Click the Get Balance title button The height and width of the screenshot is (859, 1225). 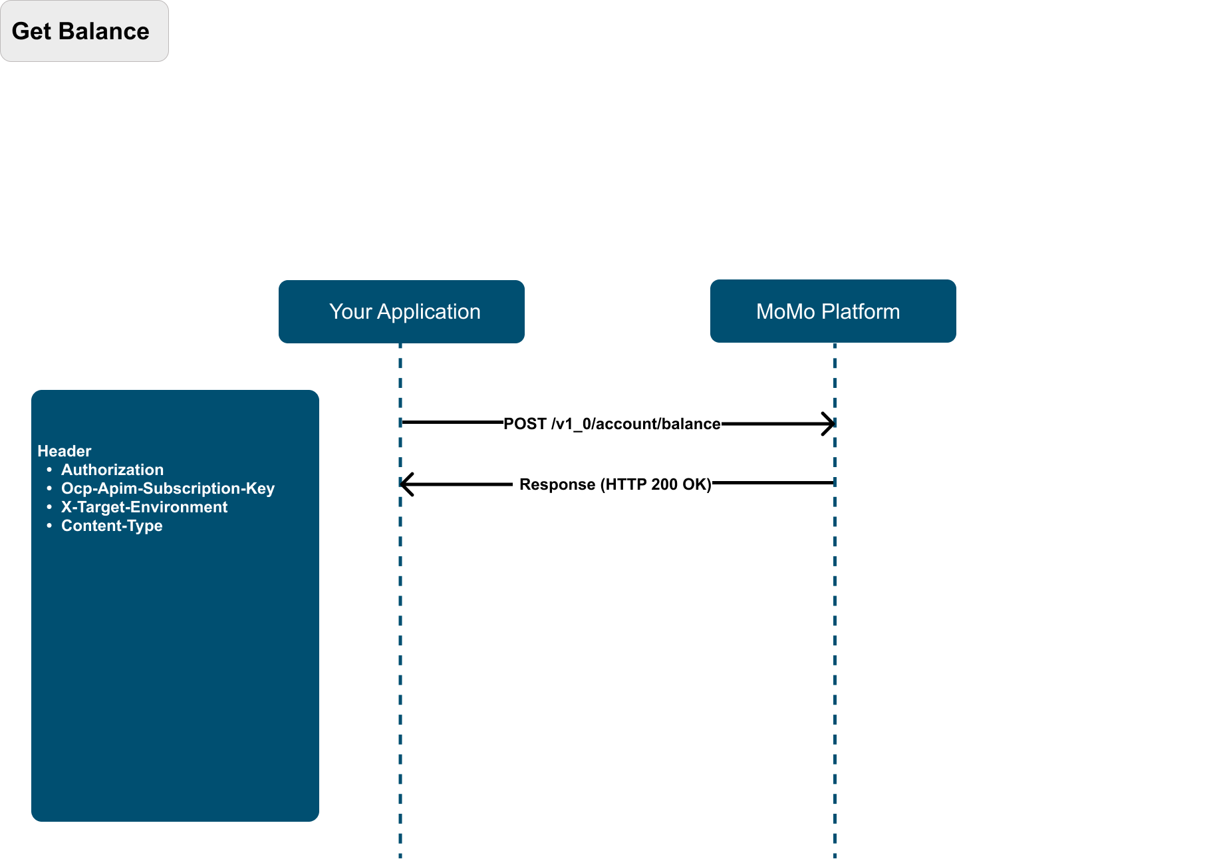84,31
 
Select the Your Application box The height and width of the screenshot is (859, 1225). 402,311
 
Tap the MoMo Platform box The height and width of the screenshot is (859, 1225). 833,311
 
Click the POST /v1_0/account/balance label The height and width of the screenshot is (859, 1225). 612,424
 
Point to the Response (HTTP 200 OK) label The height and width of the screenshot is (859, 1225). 615,484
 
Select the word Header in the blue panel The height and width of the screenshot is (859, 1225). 65,451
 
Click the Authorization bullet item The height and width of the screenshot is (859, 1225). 112,470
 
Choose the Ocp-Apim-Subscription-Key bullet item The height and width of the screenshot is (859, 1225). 168,488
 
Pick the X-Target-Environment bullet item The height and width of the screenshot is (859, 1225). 144,507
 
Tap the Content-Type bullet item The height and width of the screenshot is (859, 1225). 112,526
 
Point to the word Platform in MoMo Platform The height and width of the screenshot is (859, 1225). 861,311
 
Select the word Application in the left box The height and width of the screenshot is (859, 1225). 429,312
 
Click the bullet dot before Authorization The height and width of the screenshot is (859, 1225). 49,470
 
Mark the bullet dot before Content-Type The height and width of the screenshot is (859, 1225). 49,526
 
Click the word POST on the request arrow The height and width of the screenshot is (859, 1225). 525,424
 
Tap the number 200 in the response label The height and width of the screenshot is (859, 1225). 664,484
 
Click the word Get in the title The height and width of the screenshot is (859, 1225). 31,31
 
